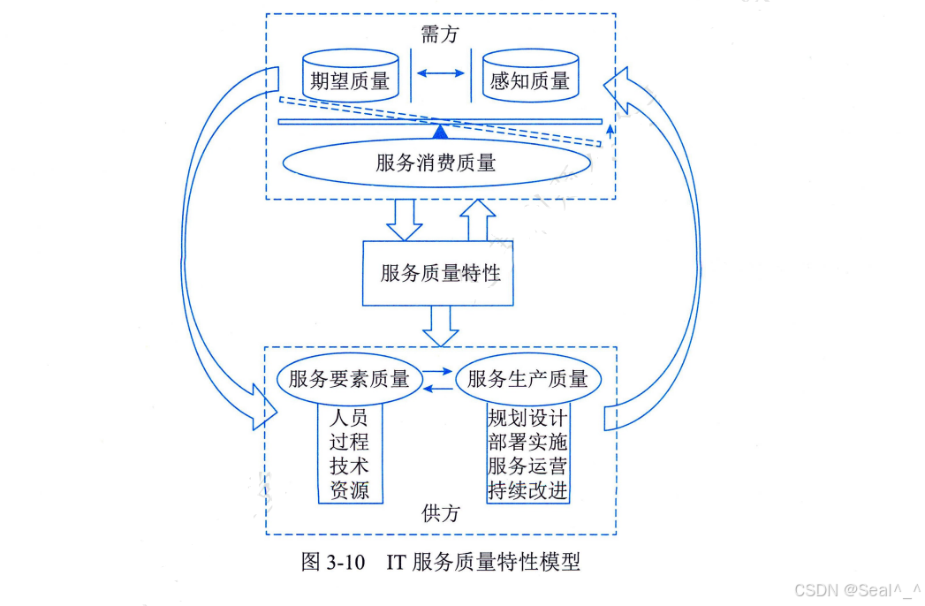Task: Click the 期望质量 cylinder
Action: (350, 79)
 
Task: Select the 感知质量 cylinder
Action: (529, 79)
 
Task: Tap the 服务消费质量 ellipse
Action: (436, 163)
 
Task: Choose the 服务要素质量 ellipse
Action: (349, 380)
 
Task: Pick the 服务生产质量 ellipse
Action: (527, 380)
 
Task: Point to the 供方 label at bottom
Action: (440, 513)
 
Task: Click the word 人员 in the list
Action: (349, 417)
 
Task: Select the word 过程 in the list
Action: (349, 441)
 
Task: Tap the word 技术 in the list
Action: (349, 466)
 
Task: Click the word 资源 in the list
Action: (349, 490)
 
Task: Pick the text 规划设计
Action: (527, 417)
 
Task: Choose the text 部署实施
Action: (527, 441)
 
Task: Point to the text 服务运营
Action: (527, 466)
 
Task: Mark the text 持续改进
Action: (527, 490)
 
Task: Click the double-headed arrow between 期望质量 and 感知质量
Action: (441, 73)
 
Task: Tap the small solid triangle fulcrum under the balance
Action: (440, 133)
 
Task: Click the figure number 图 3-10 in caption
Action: (333, 563)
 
